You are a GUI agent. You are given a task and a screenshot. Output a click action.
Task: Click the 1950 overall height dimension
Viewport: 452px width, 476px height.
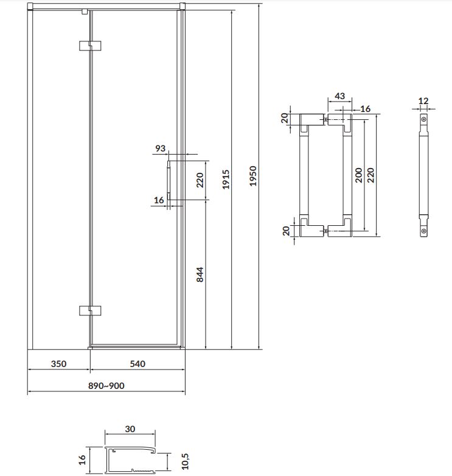click(x=252, y=176)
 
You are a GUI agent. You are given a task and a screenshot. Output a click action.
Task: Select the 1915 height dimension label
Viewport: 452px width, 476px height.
click(x=226, y=180)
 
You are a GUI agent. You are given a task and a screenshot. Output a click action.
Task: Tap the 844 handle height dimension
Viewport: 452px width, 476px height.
click(x=200, y=275)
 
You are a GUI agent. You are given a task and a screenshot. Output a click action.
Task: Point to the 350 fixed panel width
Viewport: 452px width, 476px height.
click(x=58, y=363)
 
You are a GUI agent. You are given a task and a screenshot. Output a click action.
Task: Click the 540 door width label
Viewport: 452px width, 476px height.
click(x=137, y=363)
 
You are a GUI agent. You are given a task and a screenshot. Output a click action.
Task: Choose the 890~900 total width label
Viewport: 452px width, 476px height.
click(x=106, y=386)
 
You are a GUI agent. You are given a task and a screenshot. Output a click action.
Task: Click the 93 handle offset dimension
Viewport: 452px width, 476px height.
click(x=160, y=149)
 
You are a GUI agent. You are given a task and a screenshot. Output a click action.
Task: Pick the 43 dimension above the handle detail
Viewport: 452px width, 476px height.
click(x=339, y=96)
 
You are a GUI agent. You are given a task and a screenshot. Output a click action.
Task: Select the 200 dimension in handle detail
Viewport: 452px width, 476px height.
click(x=358, y=175)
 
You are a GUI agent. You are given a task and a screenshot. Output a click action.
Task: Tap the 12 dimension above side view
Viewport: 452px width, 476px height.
click(x=423, y=101)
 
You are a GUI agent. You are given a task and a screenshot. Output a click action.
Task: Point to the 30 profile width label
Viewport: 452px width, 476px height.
click(x=130, y=429)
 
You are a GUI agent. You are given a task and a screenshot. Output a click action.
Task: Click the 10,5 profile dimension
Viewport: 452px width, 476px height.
click(x=185, y=461)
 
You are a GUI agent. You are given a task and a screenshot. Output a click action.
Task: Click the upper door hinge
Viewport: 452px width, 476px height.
click(x=90, y=46)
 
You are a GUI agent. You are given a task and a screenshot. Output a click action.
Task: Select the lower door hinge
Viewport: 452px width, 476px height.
click(x=90, y=310)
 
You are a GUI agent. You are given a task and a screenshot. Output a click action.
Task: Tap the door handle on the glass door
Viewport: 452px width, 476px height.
click(x=169, y=180)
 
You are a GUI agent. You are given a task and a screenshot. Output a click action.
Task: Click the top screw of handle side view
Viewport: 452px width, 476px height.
click(x=424, y=119)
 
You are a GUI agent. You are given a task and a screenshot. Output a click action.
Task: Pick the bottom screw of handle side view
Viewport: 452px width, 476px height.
click(x=424, y=231)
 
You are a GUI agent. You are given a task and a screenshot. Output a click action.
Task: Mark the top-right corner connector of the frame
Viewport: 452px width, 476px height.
click(x=182, y=6)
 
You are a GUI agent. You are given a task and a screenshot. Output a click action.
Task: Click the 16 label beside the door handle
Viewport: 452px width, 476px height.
click(x=159, y=200)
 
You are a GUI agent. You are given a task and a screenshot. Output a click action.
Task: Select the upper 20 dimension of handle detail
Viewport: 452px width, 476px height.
click(x=285, y=118)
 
